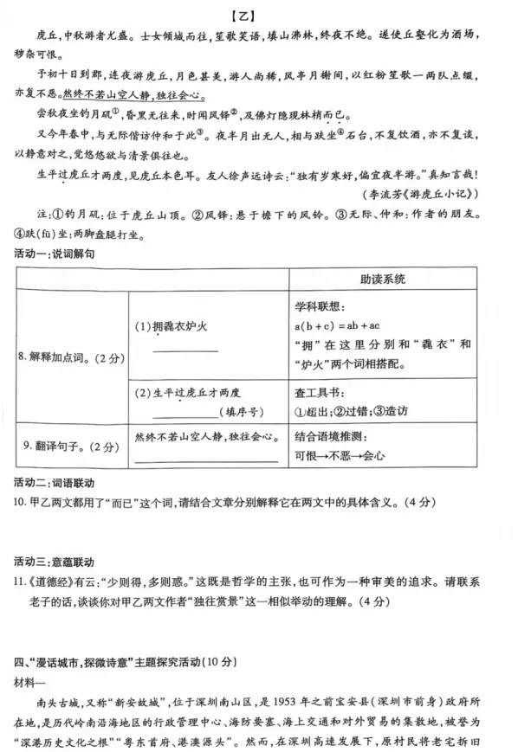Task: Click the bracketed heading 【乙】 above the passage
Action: click(x=258, y=13)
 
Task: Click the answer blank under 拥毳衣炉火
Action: click(x=186, y=350)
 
